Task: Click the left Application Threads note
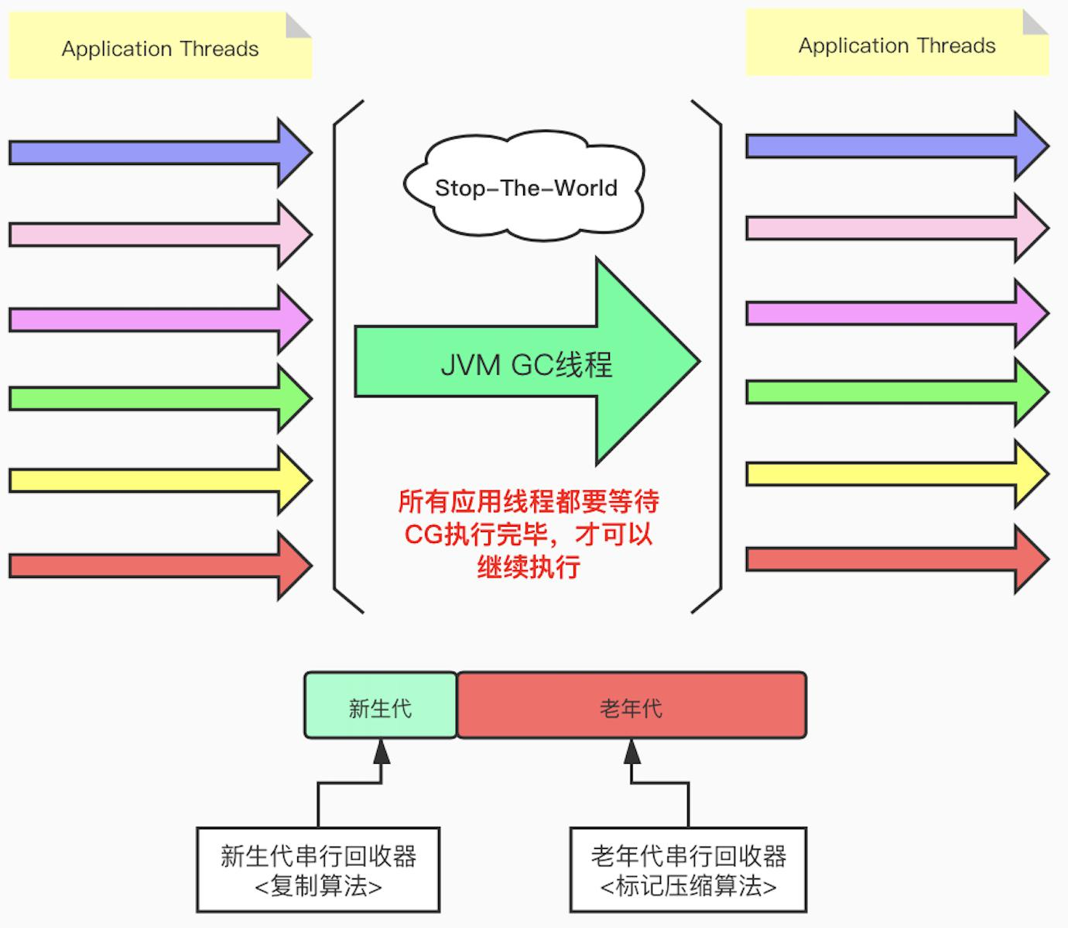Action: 160,46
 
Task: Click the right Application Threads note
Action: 897,43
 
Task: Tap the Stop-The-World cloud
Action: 524,186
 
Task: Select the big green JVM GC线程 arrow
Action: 527,361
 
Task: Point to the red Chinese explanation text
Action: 529,534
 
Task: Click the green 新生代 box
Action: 381,705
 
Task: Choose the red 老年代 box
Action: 632,705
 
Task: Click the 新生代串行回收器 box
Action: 318,869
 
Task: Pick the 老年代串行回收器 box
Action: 689,869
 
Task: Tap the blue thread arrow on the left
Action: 161,153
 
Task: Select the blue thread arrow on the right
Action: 898,146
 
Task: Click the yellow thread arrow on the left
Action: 161,481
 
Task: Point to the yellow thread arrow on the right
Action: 898,474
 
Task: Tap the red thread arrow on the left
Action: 161,566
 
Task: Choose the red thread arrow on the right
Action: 898,559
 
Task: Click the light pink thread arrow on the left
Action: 161,235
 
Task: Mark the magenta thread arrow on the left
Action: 161,320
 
